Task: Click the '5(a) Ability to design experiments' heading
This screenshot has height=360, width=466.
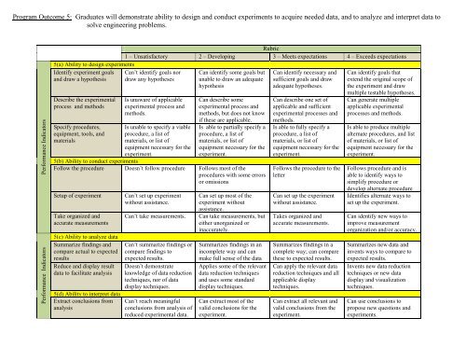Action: tap(78, 63)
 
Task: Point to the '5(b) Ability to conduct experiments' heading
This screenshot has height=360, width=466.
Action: tap(80, 160)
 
